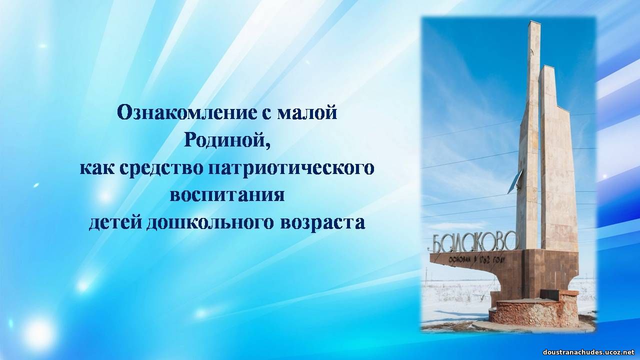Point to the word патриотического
pos(291,169)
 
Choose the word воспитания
pos(227,195)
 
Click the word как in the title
pos(97,168)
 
